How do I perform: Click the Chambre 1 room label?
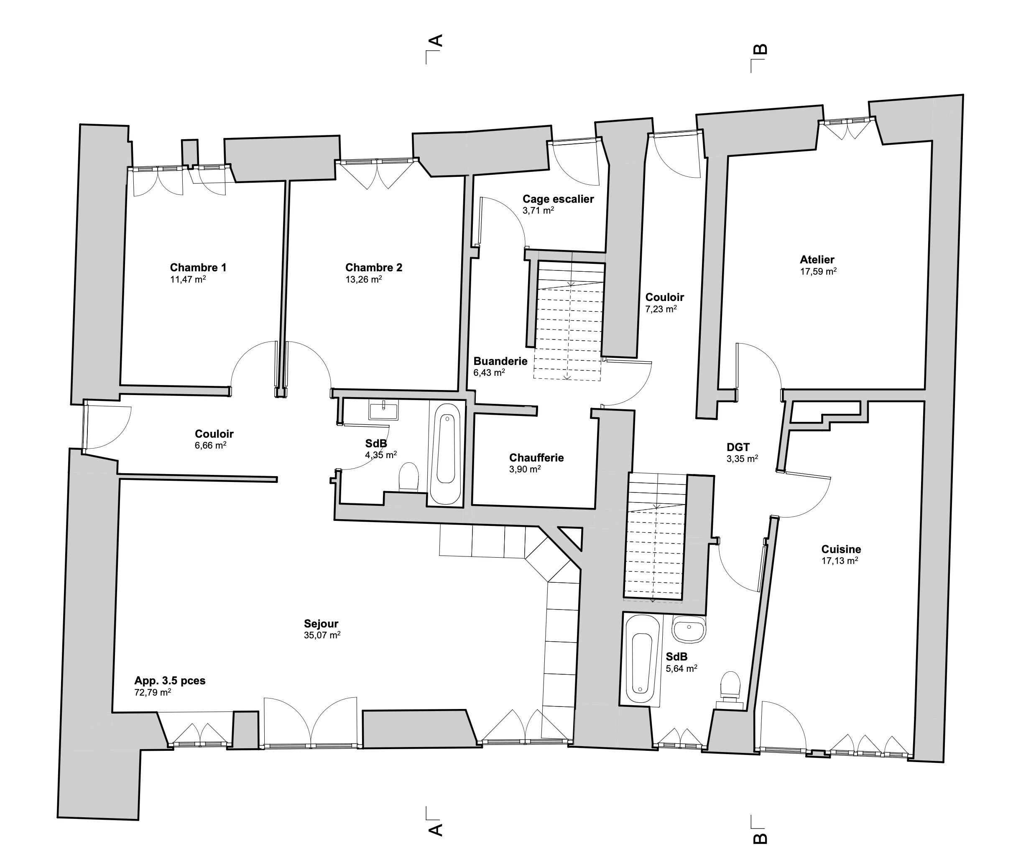coord(198,268)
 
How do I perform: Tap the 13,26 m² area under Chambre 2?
coord(364,279)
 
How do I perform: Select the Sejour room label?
coord(321,624)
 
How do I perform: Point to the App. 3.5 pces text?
coord(170,681)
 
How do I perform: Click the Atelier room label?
coord(817,260)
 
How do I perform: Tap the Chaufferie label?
coord(536,458)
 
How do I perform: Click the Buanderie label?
coord(500,361)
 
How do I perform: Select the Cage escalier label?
coord(558,199)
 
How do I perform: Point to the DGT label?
coord(738,447)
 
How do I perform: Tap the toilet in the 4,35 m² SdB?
coord(408,476)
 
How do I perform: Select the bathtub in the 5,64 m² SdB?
coord(641,660)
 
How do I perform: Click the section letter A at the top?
coord(436,40)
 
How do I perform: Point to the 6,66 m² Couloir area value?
coord(210,445)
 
